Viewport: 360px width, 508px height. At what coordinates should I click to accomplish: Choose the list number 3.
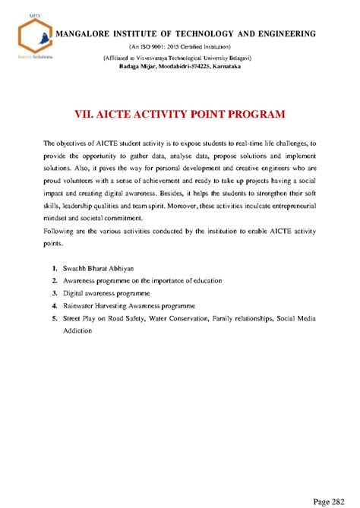pyautogui.click(x=55, y=291)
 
